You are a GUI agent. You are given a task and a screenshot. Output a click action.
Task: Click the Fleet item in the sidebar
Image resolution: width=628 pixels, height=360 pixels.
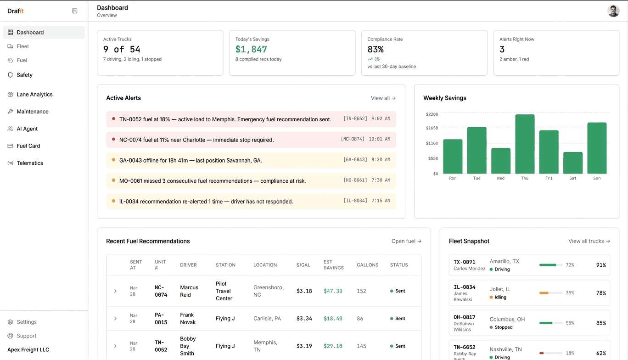[x=22, y=46]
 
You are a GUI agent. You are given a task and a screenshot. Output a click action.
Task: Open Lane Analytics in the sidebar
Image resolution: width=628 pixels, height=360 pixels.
[x=34, y=95]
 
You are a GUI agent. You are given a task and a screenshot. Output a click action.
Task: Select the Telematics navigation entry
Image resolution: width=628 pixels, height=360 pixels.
[x=30, y=163]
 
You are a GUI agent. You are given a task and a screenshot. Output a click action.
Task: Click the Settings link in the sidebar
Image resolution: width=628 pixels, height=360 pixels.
[x=27, y=322]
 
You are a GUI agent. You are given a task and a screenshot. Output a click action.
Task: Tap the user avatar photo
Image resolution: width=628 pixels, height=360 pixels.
[x=613, y=11]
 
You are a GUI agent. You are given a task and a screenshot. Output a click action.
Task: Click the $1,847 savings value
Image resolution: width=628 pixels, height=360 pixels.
[x=251, y=49]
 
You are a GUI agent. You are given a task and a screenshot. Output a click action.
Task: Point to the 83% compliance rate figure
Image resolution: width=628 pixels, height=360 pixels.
[x=376, y=49]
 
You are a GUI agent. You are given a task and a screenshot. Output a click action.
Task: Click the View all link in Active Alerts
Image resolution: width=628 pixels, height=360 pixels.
[x=383, y=98]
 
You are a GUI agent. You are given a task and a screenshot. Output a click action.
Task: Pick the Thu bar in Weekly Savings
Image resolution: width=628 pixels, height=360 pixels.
[x=525, y=144]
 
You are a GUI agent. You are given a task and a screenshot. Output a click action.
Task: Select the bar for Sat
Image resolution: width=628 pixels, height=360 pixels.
[x=573, y=163]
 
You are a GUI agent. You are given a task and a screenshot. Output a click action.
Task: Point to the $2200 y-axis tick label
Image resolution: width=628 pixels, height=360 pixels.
[x=432, y=114]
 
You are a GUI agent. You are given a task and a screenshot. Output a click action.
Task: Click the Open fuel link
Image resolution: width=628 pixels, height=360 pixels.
[x=406, y=242]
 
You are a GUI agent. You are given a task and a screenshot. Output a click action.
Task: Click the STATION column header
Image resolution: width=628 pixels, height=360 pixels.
[x=225, y=265]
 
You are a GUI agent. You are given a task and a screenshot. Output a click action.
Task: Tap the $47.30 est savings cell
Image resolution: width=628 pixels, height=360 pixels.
[x=333, y=291]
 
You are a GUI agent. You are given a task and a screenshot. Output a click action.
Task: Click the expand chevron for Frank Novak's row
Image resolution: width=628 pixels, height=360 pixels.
[x=115, y=319]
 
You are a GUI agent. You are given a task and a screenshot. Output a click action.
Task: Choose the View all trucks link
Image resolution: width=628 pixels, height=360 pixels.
[x=589, y=242]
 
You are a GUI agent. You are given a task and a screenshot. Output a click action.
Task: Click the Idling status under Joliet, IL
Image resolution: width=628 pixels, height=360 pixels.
[x=500, y=298]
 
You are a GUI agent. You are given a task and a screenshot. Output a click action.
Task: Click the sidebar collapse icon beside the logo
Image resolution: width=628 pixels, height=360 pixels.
[x=75, y=11]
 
